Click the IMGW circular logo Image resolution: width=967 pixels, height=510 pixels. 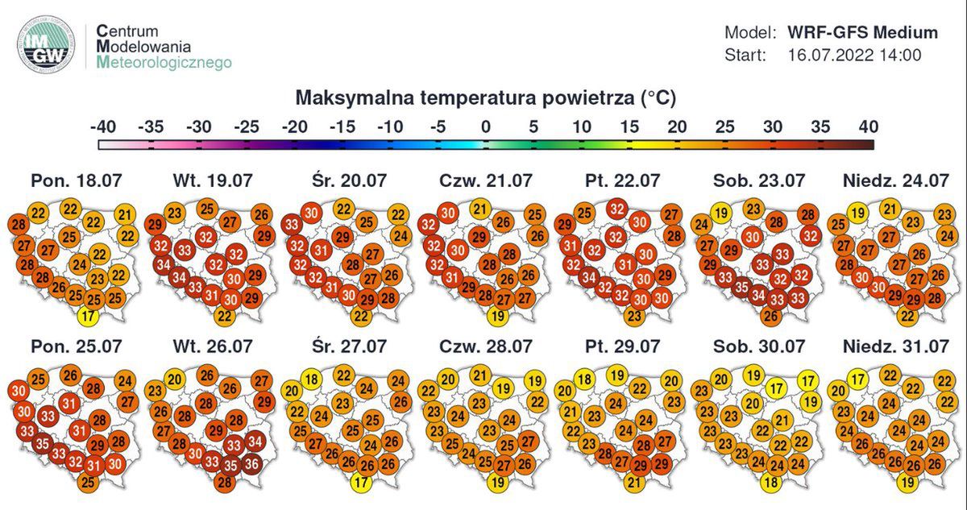tap(46, 44)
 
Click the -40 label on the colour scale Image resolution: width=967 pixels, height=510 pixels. tap(104, 127)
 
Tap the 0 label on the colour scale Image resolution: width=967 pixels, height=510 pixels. tap(485, 127)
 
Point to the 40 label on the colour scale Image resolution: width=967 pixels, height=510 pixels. tap(867, 127)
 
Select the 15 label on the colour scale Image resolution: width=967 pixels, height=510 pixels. tap(629, 127)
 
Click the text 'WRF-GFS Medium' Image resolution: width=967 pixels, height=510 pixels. tap(863, 33)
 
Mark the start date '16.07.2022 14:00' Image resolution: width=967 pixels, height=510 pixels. tap(854, 56)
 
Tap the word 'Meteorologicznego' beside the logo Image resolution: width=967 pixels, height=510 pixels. tap(164, 61)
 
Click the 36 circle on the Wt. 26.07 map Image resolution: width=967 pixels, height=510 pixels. tap(252, 463)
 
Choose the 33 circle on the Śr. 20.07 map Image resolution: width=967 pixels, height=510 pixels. tap(292, 226)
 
